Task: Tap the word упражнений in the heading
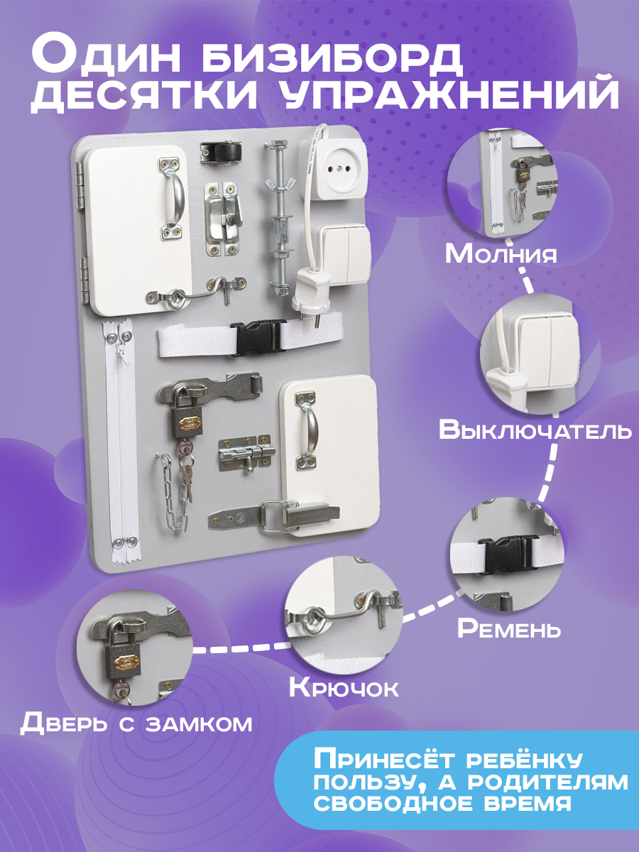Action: [449, 95]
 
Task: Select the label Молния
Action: [501, 254]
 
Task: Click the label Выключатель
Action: [535, 430]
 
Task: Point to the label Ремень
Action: [509, 628]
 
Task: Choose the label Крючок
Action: [344, 688]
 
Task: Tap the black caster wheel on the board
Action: [220, 152]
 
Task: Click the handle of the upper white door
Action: [173, 198]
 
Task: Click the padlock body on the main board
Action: [186, 421]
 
